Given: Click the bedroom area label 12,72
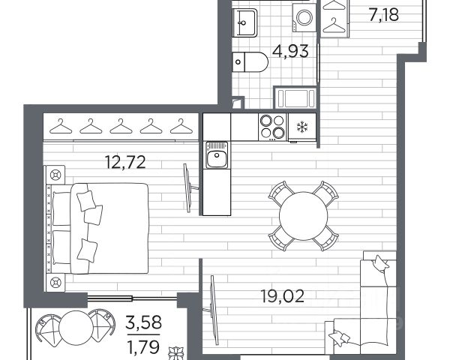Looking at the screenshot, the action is coord(125,162).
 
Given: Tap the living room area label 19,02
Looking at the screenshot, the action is coord(283,296).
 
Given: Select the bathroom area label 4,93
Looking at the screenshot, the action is coord(290,52).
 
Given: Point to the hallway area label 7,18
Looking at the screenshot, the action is coord(384,15).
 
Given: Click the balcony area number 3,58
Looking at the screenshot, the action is coord(144,322).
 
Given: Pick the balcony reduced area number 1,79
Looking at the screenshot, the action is coord(143,346).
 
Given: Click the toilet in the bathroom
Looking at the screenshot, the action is coord(250,61).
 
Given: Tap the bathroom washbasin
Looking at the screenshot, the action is coord(244,22).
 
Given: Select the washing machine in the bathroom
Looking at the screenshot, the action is coord(304,17).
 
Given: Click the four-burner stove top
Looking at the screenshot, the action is coord(272,127).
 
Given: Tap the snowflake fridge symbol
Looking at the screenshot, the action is coord(302,127).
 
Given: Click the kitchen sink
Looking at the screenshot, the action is coord(217,155).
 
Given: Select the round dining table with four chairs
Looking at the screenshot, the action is coord(303,215).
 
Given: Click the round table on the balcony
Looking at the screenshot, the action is coord(76,328).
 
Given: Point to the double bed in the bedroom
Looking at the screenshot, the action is coord(97,228).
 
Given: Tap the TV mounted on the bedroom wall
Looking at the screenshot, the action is coord(189,188).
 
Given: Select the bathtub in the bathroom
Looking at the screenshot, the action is coord(295,98).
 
